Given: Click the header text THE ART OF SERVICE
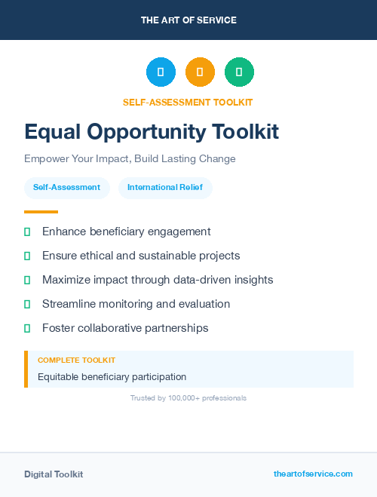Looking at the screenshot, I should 188,20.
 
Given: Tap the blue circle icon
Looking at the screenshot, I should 161,72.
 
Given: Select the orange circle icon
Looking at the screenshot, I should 200,72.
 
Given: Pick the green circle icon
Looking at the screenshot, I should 239,72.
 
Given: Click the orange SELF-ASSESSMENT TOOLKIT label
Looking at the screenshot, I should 188,102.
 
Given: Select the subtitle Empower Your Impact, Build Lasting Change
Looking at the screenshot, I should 130,159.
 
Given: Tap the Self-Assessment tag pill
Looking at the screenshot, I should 66,188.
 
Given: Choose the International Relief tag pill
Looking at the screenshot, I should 165,188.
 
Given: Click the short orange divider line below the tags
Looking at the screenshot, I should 41,212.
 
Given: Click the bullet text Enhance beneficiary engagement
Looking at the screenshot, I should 126,232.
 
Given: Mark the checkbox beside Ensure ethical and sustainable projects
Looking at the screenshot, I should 27,256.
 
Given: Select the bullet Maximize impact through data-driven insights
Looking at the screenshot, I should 157,280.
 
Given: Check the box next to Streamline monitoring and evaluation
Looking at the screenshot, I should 27,305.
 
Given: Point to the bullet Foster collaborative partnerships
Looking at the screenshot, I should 125,328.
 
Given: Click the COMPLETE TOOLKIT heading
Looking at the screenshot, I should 76,360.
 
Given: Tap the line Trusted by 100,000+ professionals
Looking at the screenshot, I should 188,397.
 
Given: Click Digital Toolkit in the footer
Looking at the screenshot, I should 54,474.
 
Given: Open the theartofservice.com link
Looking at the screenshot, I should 313,474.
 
